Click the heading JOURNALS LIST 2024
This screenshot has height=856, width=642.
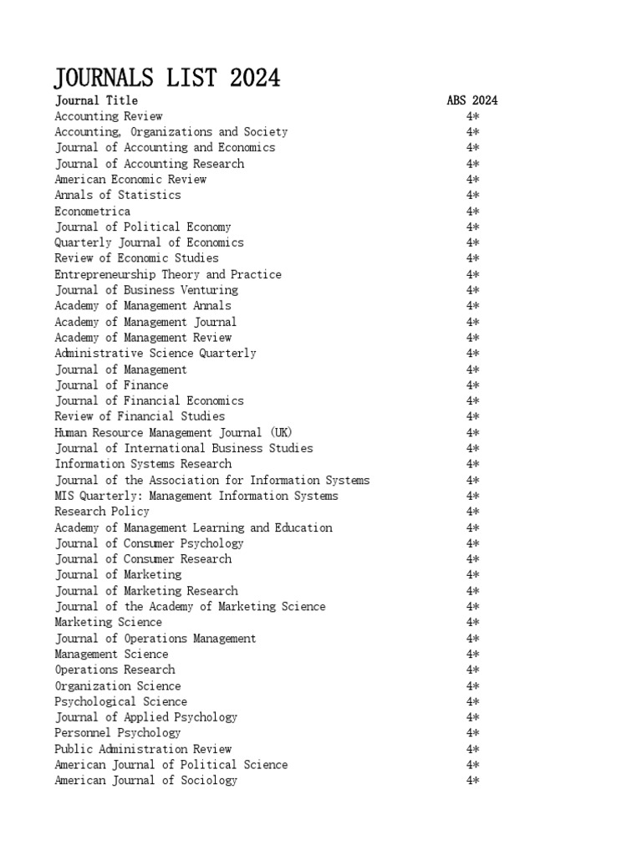(167, 78)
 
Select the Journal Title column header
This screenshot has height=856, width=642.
(96, 100)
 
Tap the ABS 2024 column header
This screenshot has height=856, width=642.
(472, 100)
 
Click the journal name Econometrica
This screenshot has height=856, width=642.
(93, 211)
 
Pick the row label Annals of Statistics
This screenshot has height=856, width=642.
(118, 195)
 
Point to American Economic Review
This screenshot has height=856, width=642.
(130, 179)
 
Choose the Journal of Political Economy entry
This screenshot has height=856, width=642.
(143, 227)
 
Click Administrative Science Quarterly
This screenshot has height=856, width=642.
(155, 353)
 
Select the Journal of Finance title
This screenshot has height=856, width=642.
(112, 385)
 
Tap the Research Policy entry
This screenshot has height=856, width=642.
(102, 511)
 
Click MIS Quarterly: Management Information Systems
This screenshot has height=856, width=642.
(196, 496)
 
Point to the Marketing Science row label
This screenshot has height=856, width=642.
(109, 622)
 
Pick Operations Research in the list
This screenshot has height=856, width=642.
(115, 670)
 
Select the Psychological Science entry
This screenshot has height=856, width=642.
(121, 701)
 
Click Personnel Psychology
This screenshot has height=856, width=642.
(118, 732)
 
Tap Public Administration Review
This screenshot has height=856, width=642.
(143, 749)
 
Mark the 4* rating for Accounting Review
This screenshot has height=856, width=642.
(472, 116)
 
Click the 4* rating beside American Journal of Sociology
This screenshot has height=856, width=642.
(472, 780)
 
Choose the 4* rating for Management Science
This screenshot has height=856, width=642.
(472, 654)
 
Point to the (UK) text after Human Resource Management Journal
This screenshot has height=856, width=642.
(278, 432)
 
